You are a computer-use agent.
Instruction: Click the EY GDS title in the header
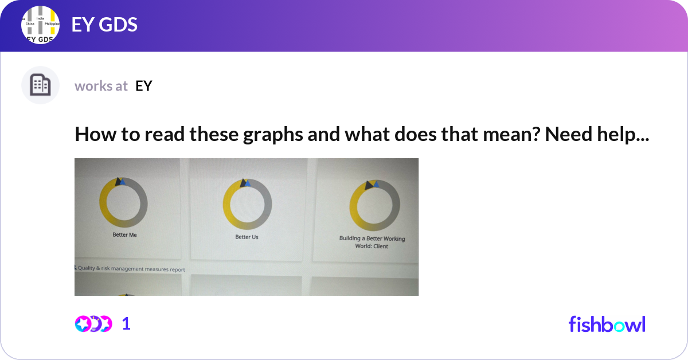(x=104, y=25)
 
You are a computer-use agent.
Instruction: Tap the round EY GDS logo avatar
(x=40, y=26)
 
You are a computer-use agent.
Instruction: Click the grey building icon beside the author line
(x=40, y=85)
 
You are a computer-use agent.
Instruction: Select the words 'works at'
(x=101, y=86)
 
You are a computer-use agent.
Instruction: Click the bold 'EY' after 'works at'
(x=143, y=86)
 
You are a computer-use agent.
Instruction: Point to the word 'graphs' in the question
(x=250, y=135)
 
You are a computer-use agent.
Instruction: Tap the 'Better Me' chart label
(x=124, y=235)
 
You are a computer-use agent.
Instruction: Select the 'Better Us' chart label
(x=247, y=237)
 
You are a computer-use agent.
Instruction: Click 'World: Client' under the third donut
(x=372, y=246)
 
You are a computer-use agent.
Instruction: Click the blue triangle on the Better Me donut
(x=122, y=182)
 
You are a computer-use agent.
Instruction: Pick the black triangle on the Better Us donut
(x=244, y=183)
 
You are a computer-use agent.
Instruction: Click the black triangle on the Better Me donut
(x=118, y=181)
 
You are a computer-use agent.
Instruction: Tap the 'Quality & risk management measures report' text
(x=131, y=269)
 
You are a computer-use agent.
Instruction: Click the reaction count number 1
(x=126, y=324)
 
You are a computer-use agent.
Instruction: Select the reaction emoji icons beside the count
(x=93, y=324)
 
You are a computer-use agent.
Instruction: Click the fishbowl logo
(x=607, y=324)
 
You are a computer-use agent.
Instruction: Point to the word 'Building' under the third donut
(x=350, y=238)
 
